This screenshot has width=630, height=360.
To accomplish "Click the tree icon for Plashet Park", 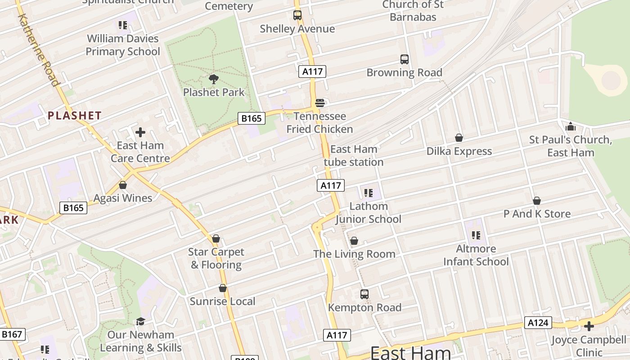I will coord(214,80).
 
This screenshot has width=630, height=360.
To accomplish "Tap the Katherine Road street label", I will coord(38,49).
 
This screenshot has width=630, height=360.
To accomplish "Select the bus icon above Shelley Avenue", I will coord(297,15).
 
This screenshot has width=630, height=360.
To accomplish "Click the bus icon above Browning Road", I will coord(405,59).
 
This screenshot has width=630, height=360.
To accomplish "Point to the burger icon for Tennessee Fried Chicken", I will coord(320,103).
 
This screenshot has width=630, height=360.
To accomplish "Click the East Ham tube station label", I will coord(354,155).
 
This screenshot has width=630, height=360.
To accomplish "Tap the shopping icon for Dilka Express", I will coord(459,138).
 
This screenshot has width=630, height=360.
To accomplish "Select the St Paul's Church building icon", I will coord(571,126).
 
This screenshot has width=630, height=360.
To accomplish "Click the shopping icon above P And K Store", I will coord(536,201).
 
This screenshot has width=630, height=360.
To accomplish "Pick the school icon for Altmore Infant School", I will coord(476,235).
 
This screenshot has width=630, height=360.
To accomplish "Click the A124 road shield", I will coord(538,323).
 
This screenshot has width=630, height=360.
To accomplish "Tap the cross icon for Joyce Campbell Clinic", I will coord(589,326).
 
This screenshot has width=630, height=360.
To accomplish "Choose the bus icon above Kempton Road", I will coord(364,294).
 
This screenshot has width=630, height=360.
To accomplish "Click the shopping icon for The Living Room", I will coord(354,241).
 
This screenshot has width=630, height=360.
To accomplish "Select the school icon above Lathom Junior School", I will coord(369,193).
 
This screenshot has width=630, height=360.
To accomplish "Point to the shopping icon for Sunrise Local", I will coord(222,288).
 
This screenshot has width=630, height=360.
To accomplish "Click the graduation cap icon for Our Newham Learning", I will coord(140,321).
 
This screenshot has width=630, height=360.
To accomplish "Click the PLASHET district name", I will coord(75,116).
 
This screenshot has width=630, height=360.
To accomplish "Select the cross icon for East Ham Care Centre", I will coord(140,132).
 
